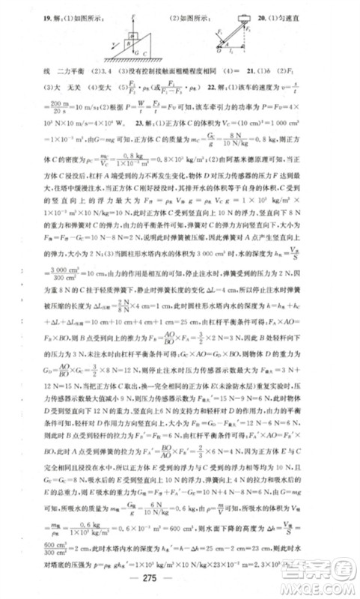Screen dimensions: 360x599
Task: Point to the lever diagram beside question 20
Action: (240, 37)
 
